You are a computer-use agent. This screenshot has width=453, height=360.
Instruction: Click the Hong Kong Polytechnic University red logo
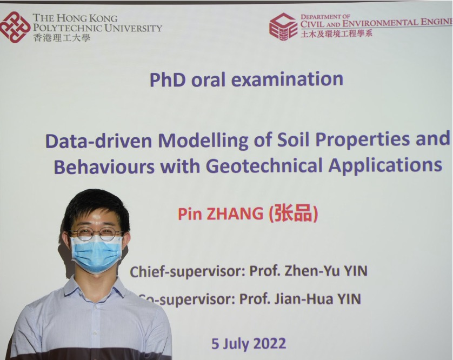tap(15, 27)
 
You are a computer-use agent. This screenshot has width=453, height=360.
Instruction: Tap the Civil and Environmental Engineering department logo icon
tap(283, 26)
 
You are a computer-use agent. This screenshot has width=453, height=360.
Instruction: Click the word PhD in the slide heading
tap(168, 79)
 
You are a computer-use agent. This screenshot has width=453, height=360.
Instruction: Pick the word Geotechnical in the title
tap(264, 165)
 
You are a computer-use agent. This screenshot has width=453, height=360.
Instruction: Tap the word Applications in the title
tap(385, 165)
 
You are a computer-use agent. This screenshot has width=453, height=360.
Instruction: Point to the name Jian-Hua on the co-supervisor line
tap(304, 299)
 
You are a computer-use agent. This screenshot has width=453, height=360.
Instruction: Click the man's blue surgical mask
tap(97, 254)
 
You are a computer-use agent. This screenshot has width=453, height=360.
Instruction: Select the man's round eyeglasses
tap(96, 234)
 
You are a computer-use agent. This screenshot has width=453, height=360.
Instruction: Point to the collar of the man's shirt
tap(94, 288)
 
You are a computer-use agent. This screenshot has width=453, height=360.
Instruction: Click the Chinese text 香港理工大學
tap(62, 37)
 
